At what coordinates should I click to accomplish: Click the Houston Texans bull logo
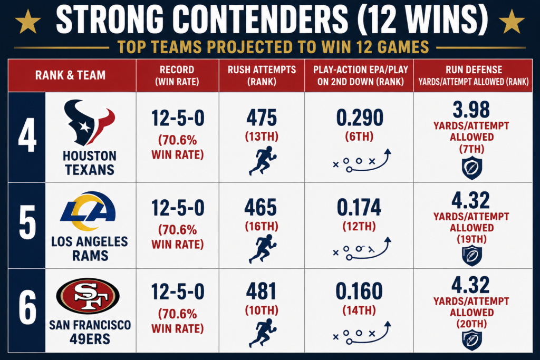(x=89, y=122)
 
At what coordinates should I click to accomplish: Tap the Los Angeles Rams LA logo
(x=88, y=211)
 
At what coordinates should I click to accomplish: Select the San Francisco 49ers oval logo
(x=88, y=296)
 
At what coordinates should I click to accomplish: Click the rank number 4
(x=27, y=135)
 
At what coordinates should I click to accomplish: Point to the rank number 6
(x=27, y=307)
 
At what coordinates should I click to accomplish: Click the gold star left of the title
(x=28, y=21)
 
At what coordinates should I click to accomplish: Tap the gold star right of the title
(x=512, y=21)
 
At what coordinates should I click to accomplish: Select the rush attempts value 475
(x=262, y=118)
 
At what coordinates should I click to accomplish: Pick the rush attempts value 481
(x=262, y=291)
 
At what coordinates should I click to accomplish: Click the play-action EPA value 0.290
(x=360, y=118)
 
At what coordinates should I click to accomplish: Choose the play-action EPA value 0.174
(x=359, y=207)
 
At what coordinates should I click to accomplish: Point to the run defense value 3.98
(x=471, y=110)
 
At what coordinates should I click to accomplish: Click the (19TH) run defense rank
(x=472, y=239)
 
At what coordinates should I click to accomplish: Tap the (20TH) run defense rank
(x=472, y=324)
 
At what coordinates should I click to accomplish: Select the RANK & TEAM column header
(x=70, y=75)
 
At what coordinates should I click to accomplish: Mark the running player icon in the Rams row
(x=263, y=249)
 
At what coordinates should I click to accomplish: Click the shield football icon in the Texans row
(x=472, y=168)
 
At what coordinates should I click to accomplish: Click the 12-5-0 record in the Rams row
(x=178, y=208)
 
